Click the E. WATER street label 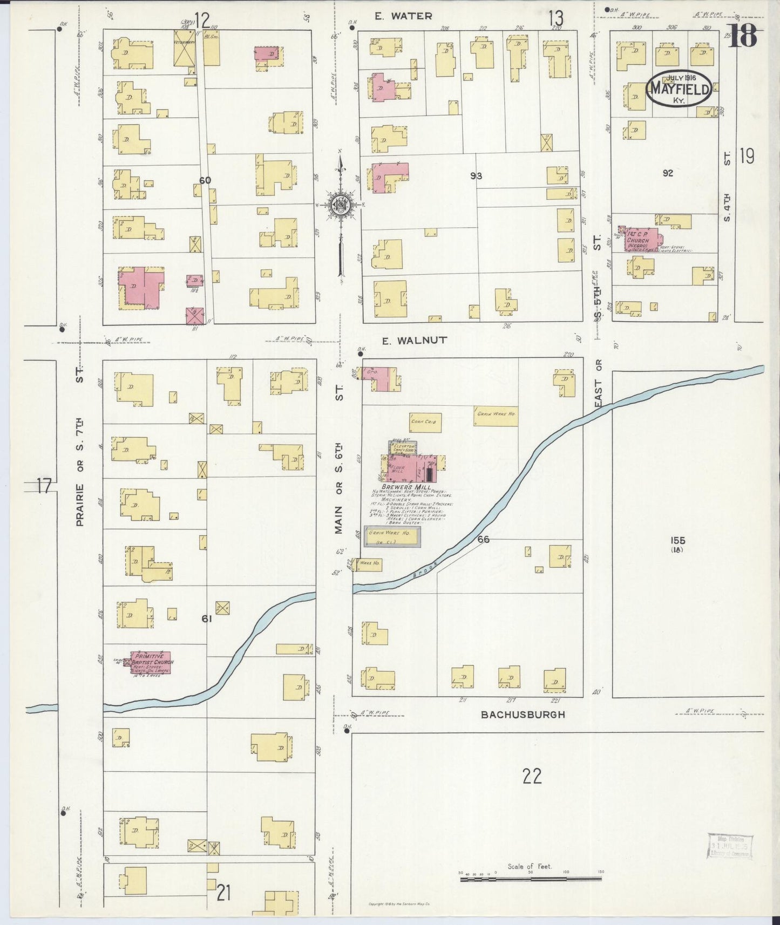(x=403, y=16)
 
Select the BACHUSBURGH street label (x=523, y=715)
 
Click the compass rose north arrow (x=340, y=205)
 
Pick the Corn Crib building (x=425, y=422)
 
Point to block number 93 (x=476, y=176)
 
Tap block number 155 (x=678, y=540)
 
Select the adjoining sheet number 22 (x=532, y=776)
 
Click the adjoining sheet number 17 (x=44, y=487)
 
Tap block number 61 (x=206, y=619)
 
